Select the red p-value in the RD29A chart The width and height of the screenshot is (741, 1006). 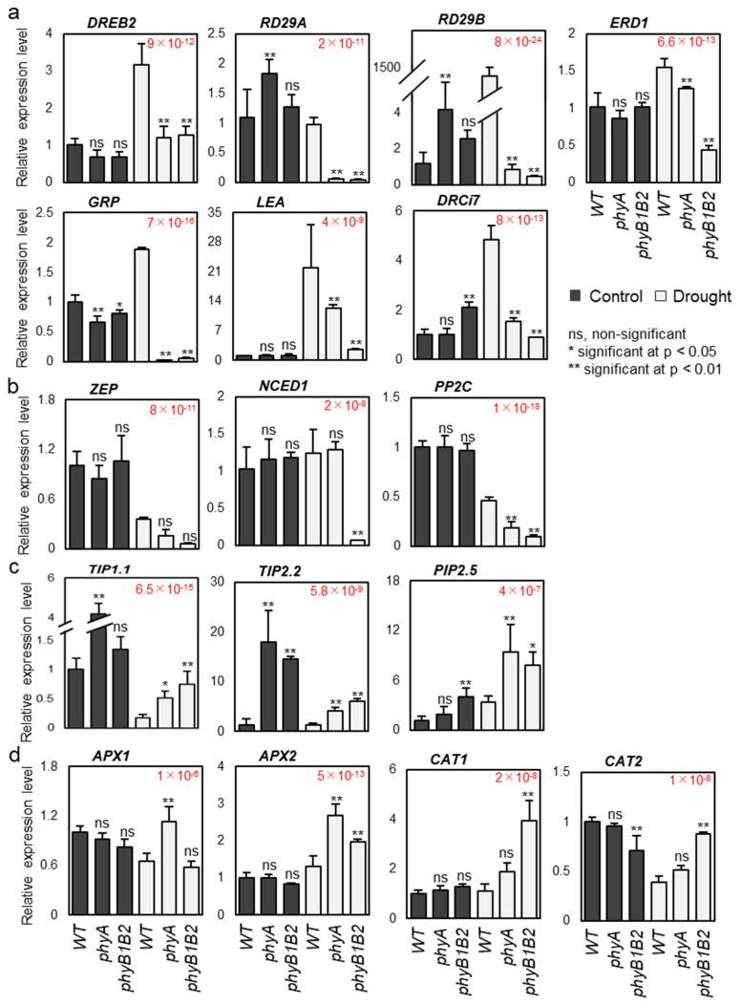[x=312, y=44]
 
